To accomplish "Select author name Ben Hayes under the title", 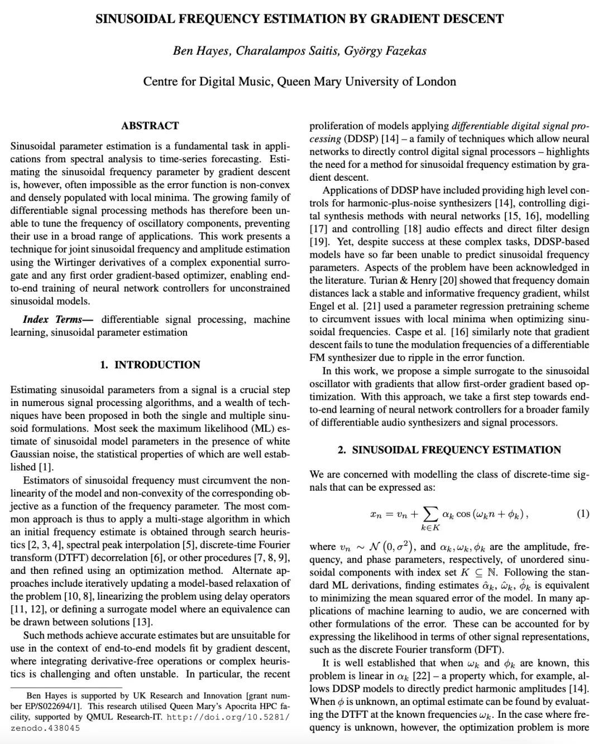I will pos(201,51).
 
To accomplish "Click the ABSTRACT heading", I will pos(150,125).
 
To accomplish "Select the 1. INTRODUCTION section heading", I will pos(150,365).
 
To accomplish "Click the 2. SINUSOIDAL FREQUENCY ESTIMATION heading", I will pos(449,450).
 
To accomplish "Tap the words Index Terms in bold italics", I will pos(58,320).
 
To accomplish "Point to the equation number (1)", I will pos(582,513).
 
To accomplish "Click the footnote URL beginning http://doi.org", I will pos(228,717).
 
